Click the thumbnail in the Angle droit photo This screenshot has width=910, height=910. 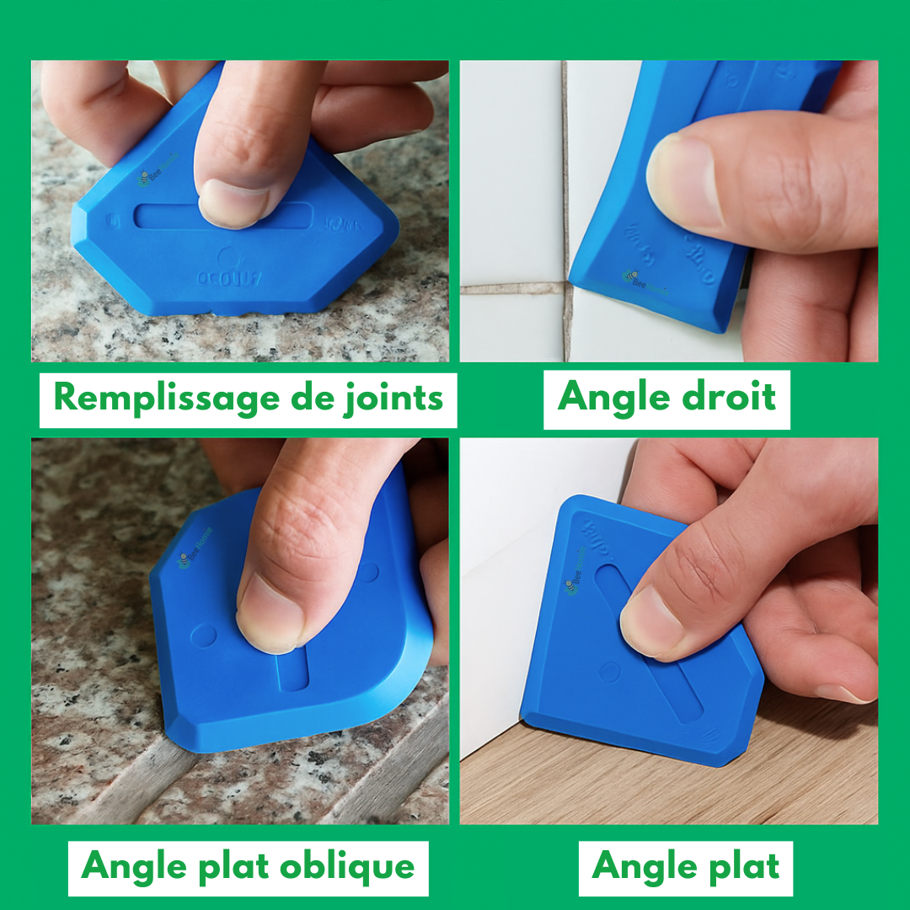click(681, 180)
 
